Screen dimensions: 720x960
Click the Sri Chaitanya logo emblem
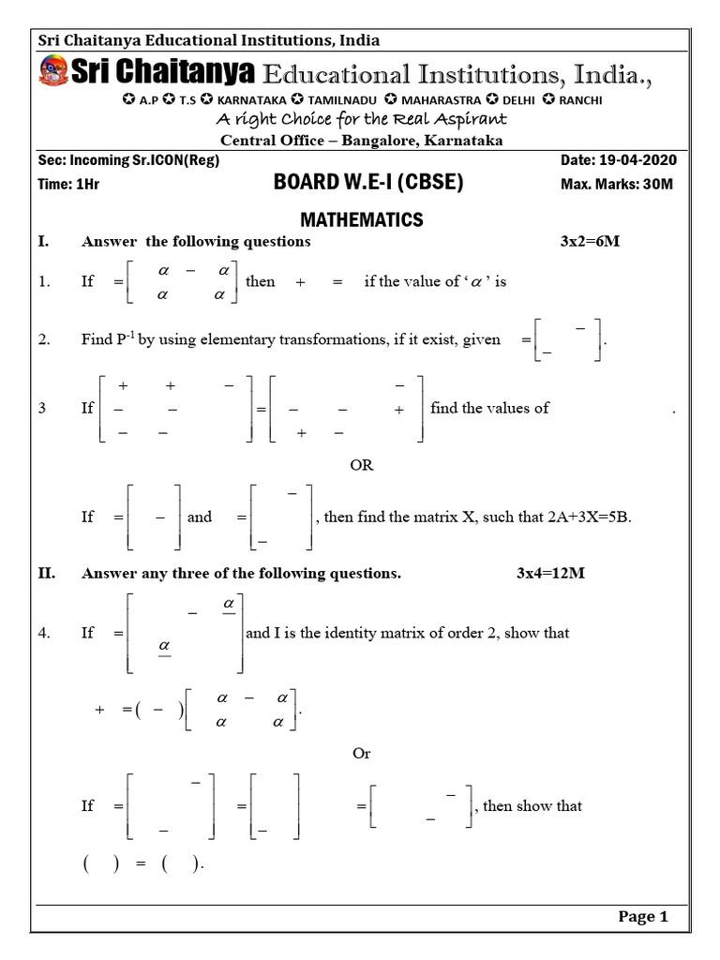click(x=53, y=72)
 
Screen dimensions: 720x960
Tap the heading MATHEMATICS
click(x=361, y=220)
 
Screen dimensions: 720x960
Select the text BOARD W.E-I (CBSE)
click(x=355, y=184)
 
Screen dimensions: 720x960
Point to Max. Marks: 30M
click(x=617, y=184)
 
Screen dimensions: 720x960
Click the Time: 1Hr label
click(x=68, y=184)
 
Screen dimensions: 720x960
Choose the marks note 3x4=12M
click(x=550, y=573)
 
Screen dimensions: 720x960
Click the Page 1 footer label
click(x=643, y=917)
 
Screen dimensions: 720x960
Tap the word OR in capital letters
click(x=361, y=465)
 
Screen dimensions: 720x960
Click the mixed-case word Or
click(x=361, y=753)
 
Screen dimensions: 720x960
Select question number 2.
click(x=43, y=339)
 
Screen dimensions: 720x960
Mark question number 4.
click(x=43, y=633)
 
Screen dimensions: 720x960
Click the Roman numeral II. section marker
click(x=47, y=573)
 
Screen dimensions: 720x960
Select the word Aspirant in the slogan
click(x=473, y=119)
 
